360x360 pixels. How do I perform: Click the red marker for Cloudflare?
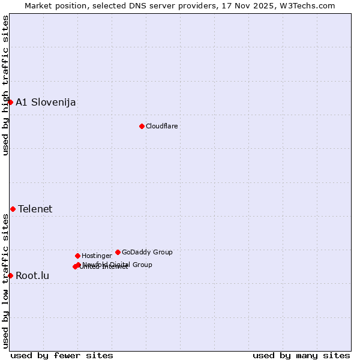142,126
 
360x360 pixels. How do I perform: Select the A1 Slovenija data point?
10,102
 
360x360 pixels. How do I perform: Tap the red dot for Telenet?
13,209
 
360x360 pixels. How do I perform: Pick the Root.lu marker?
10,275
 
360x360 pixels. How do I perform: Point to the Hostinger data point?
77,256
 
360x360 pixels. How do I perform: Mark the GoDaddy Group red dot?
118,252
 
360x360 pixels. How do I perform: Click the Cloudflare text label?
161,126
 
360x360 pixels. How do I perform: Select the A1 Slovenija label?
46,102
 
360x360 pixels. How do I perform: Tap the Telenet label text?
35,209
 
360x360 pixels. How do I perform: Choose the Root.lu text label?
32,275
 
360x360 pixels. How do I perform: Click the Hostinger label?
97,256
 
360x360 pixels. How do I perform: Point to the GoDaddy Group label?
147,252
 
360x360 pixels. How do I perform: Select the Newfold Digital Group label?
118,264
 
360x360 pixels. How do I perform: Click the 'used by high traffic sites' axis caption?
5,85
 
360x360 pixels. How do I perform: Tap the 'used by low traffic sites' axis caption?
5,281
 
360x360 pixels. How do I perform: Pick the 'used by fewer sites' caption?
62,355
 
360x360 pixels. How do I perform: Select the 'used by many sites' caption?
301,355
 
